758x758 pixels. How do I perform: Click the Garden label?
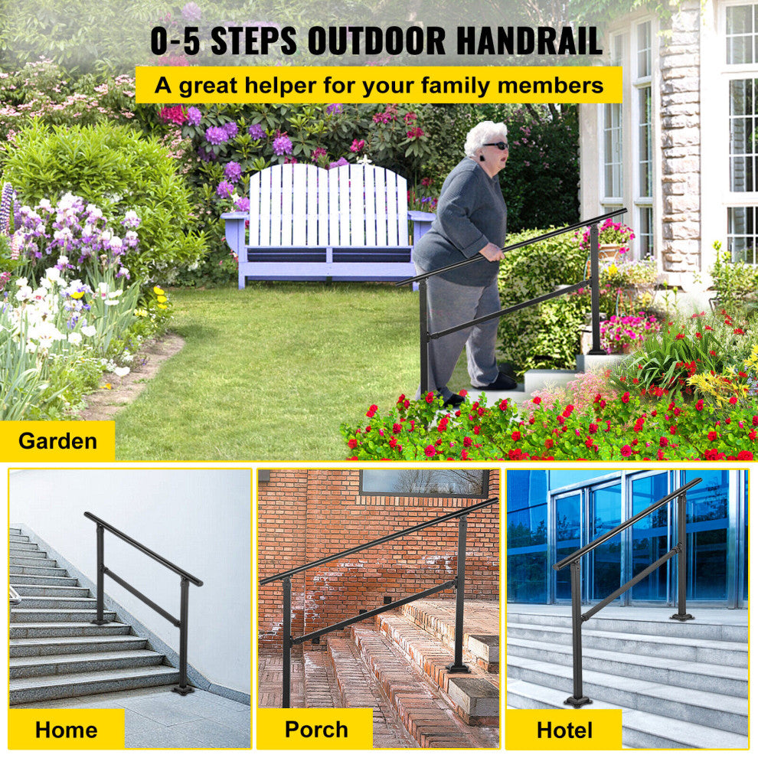click(x=57, y=441)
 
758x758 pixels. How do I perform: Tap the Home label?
click(x=66, y=729)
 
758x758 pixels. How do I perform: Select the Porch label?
click(x=315, y=729)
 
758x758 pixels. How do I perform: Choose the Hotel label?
click(x=564, y=729)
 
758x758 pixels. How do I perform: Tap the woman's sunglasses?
click(x=498, y=145)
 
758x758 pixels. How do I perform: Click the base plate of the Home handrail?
click(x=183, y=690)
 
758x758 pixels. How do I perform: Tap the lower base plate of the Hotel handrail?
click(x=577, y=701)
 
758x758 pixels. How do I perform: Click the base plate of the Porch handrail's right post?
click(x=459, y=668)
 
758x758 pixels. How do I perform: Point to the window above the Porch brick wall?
click(x=423, y=482)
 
